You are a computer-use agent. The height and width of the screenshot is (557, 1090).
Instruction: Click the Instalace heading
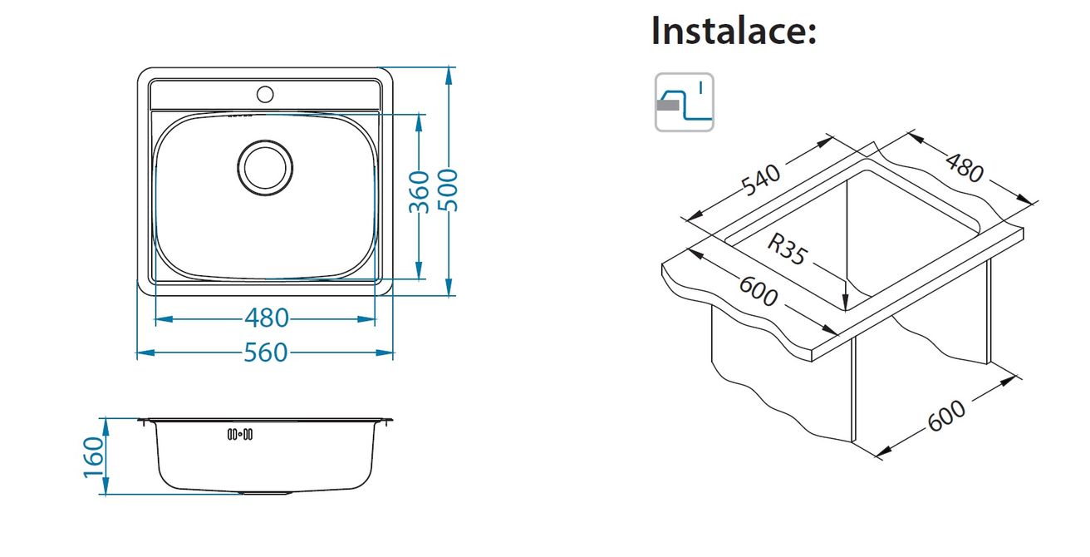tap(734, 31)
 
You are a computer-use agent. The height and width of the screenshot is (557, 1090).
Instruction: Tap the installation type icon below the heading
tap(685, 102)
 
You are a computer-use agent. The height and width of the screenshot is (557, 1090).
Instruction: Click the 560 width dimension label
tap(266, 352)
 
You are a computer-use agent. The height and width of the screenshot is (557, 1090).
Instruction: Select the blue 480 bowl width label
tap(267, 318)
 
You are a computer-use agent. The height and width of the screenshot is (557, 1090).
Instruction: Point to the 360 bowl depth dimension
tap(419, 192)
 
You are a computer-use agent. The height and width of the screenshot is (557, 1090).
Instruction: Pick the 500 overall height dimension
tap(448, 190)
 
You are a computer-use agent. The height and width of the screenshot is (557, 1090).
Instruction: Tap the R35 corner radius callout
tap(788, 249)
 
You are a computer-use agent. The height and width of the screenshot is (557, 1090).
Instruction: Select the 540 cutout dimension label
tap(760, 180)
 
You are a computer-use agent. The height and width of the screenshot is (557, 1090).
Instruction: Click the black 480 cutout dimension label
tap(965, 168)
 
